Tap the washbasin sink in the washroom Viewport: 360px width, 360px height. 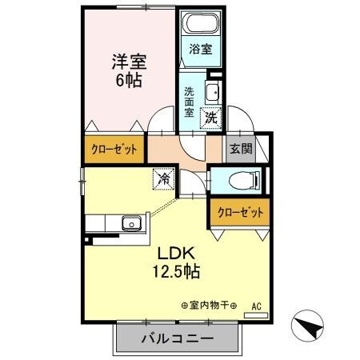213,93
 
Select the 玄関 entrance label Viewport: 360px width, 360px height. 237,148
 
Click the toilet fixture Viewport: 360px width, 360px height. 241,179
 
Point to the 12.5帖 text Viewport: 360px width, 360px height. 177,272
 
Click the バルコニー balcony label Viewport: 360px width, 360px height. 178,338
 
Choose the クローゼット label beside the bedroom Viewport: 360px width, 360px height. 113,150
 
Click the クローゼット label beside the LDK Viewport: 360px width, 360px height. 238,214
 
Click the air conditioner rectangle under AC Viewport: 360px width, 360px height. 257,315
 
